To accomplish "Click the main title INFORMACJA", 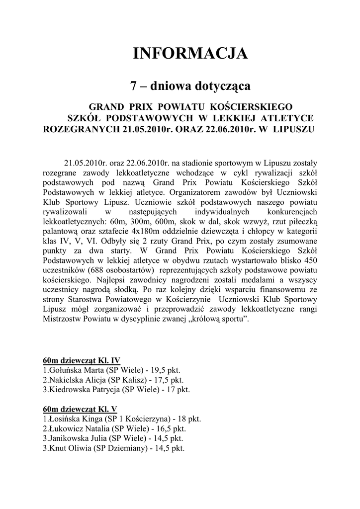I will (x=190, y=53).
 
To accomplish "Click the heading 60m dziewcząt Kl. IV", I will (x=82, y=360).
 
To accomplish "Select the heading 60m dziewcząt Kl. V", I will (x=80, y=409).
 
